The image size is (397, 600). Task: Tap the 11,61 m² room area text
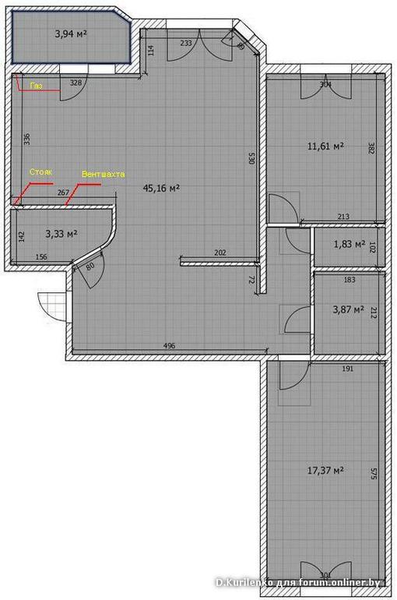click(x=325, y=145)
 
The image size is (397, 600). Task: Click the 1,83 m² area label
click(x=349, y=244)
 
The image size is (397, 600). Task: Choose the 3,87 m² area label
click(x=348, y=309)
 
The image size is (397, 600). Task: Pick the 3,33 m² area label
click(x=60, y=232)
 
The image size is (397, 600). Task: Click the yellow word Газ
click(x=36, y=86)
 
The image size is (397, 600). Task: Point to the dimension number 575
click(x=374, y=472)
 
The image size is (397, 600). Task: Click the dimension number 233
click(x=187, y=44)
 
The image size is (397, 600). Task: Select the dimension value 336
click(x=27, y=139)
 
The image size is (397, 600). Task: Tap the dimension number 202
click(x=220, y=252)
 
